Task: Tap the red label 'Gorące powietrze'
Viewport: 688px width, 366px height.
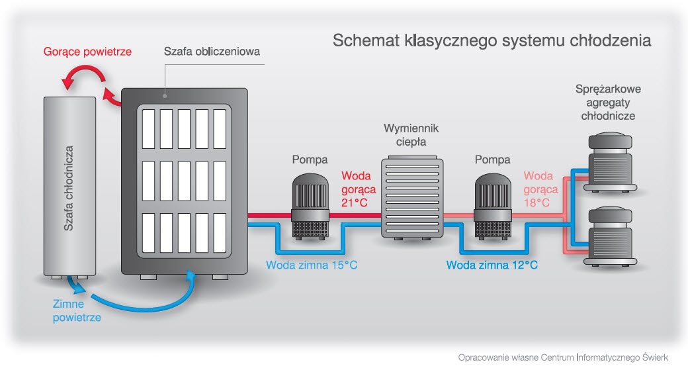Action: click(x=87, y=51)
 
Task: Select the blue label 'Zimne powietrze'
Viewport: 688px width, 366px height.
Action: click(x=77, y=311)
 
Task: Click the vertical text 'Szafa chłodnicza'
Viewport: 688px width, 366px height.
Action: click(x=69, y=189)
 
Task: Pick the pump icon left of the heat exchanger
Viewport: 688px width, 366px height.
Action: click(x=310, y=206)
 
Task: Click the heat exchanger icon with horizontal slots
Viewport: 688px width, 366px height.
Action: click(x=411, y=198)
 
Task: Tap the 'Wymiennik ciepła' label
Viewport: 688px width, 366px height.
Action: click(x=411, y=134)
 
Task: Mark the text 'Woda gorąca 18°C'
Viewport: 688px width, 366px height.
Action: click(x=537, y=189)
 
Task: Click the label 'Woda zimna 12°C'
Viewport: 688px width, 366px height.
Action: click(x=492, y=265)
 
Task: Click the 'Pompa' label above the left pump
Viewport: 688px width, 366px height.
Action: click(x=310, y=160)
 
